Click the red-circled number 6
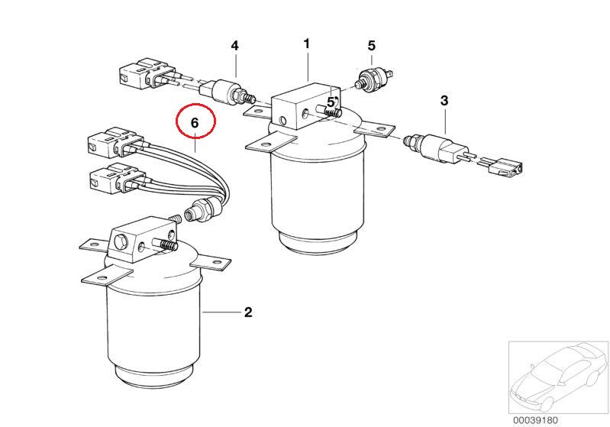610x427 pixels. point(195,123)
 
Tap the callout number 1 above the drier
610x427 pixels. point(307,44)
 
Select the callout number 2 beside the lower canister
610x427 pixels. point(248,312)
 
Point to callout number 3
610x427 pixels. point(444,101)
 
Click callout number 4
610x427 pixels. point(234,46)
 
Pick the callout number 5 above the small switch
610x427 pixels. point(372,46)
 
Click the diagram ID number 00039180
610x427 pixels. point(535,420)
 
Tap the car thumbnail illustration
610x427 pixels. point(558,377)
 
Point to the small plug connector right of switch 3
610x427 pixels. point(505,167)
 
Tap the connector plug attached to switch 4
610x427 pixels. point(147,74)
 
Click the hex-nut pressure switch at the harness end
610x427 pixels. point(202,209)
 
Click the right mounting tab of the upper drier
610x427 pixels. point(374,128)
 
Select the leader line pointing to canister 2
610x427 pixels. point(220,312)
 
